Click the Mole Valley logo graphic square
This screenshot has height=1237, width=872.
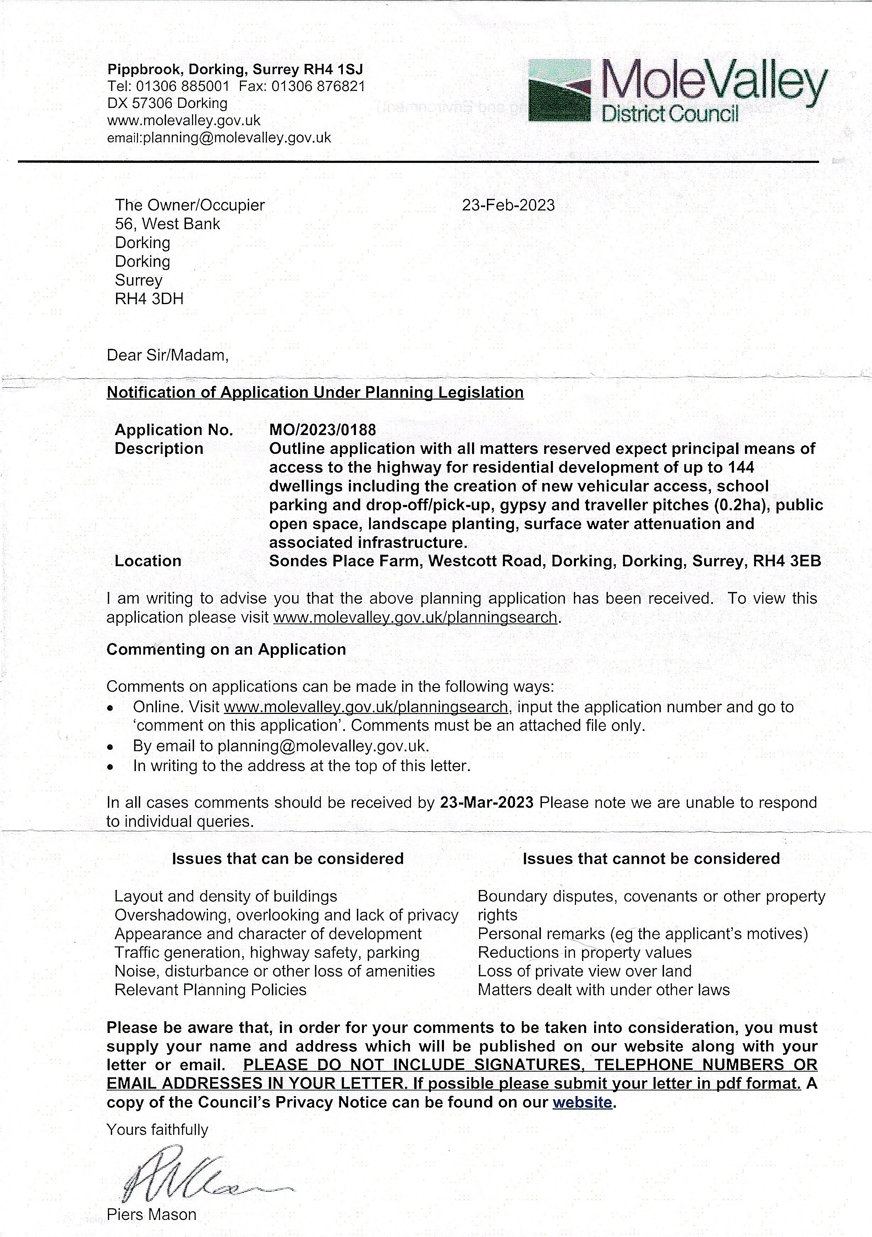(x=559, y=90)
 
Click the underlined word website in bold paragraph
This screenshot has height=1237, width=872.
(x=582, y=1102)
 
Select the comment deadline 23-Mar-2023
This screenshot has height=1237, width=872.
(x=487, y=802)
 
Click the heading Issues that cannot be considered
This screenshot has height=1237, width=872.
(x=651, y=858)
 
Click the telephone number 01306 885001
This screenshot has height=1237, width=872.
(x=183, y=86)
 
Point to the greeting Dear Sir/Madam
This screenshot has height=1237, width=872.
(x=168, y=356)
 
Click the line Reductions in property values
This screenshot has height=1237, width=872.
(x=584, y=952)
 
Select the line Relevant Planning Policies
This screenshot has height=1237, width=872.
(x=210, y=990)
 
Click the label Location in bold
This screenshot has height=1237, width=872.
(x=148, y=561)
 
